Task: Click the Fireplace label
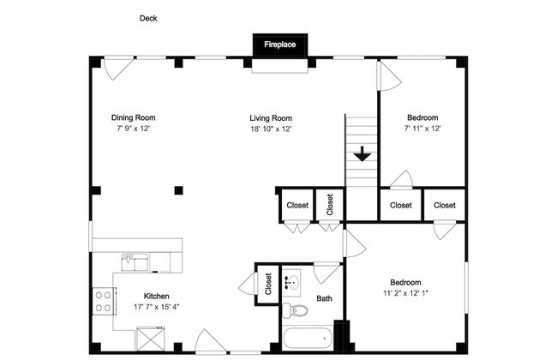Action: click(x=280, y=45)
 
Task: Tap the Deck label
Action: click(x=148, y=18)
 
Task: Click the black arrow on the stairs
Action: click(x=362, y=154)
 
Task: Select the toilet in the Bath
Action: click(x=295, y=310)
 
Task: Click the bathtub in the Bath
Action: click(x=308, y=339)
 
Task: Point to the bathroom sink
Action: click(x=292, y=283)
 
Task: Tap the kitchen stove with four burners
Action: click(x=104, y=302)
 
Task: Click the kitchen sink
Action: click(x=135, y=262)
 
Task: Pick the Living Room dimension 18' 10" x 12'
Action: click(x=271, y=129)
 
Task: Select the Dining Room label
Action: click(x=133, y=117)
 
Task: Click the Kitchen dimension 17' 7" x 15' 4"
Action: click(x=156, y=307)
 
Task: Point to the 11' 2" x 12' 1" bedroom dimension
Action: click(x=405, y=293)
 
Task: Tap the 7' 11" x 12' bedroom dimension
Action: click(x=422, y=129)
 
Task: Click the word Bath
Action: click(x=324, y=298)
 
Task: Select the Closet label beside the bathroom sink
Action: click(x=268, y=284)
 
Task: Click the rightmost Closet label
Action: click(x=445, y=205)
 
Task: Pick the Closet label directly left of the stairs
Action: click(x=330, y=205)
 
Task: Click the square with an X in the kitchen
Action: click(x=151, y=339)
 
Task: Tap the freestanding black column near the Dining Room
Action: click(x=179, y=190)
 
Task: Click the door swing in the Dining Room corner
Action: click(x=117, y=69)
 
